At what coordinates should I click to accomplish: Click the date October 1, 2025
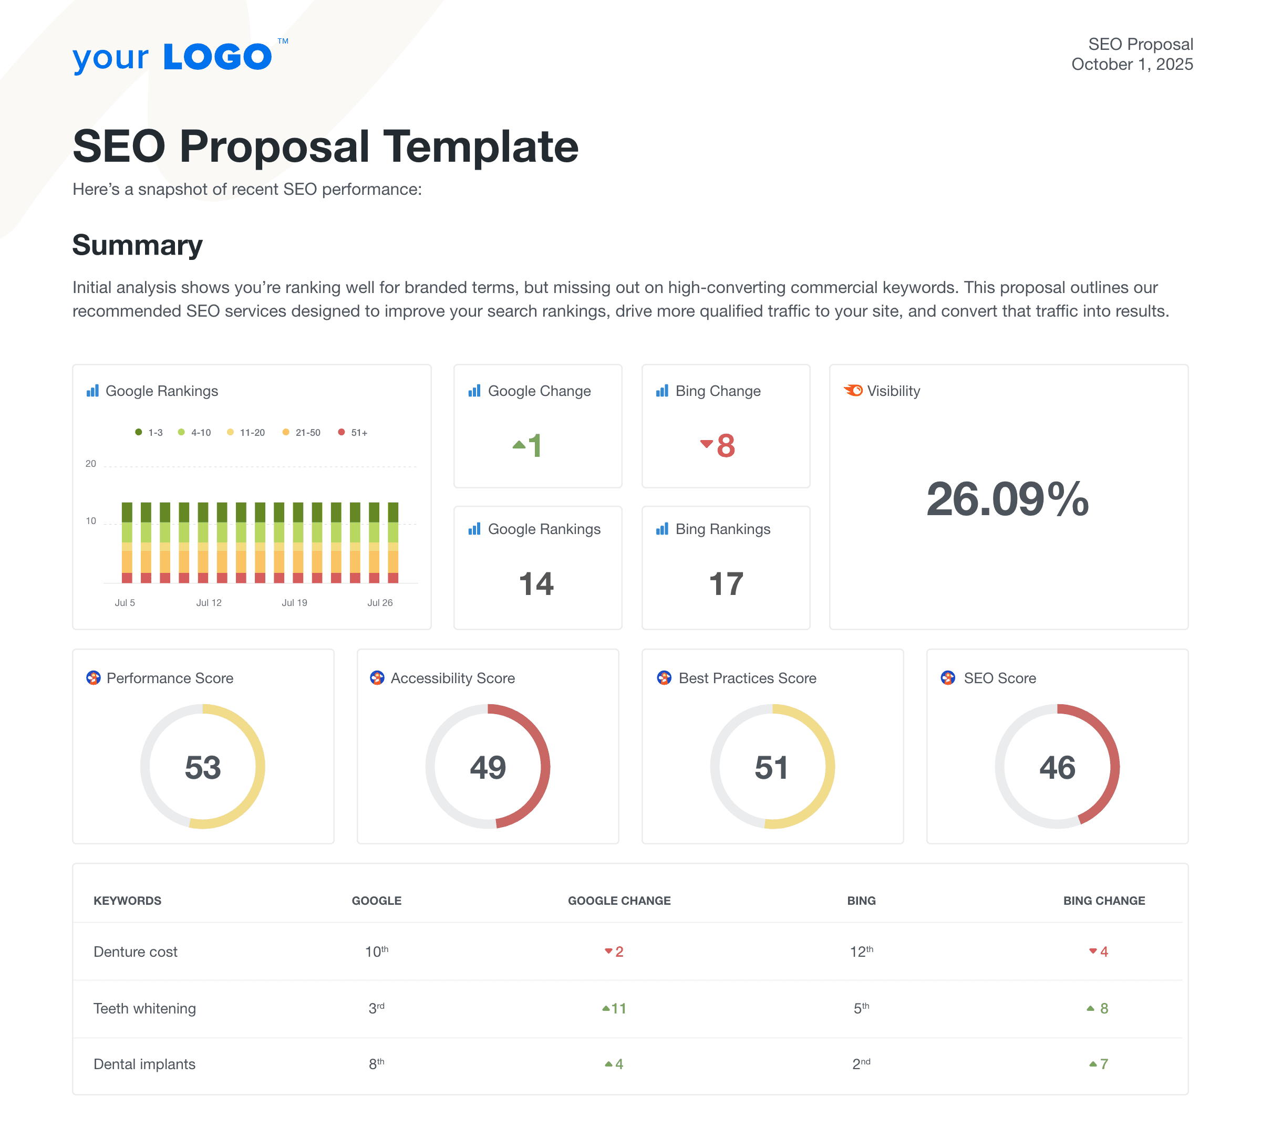[1131, 65]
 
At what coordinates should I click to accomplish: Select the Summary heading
[137, 245]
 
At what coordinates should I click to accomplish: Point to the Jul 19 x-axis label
[294, 602]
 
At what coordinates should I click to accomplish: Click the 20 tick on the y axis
[90, 463]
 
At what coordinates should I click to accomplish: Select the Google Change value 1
[533, 445]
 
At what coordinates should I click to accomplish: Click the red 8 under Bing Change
[725, 445]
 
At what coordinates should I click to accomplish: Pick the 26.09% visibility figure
[1007, 499]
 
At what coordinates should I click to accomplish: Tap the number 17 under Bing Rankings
[726, 584]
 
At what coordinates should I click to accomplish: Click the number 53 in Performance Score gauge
[202, 767]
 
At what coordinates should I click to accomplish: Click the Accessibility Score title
[452, 678]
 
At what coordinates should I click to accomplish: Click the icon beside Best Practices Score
[664, 677]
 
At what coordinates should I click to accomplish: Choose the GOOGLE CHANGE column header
[619, 901]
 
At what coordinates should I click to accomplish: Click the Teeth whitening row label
[144, 1008]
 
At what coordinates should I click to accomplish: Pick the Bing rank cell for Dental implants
[861, 1064]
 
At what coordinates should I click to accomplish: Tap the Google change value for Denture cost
[614, 952]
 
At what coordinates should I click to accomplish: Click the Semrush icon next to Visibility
[853, 390]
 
